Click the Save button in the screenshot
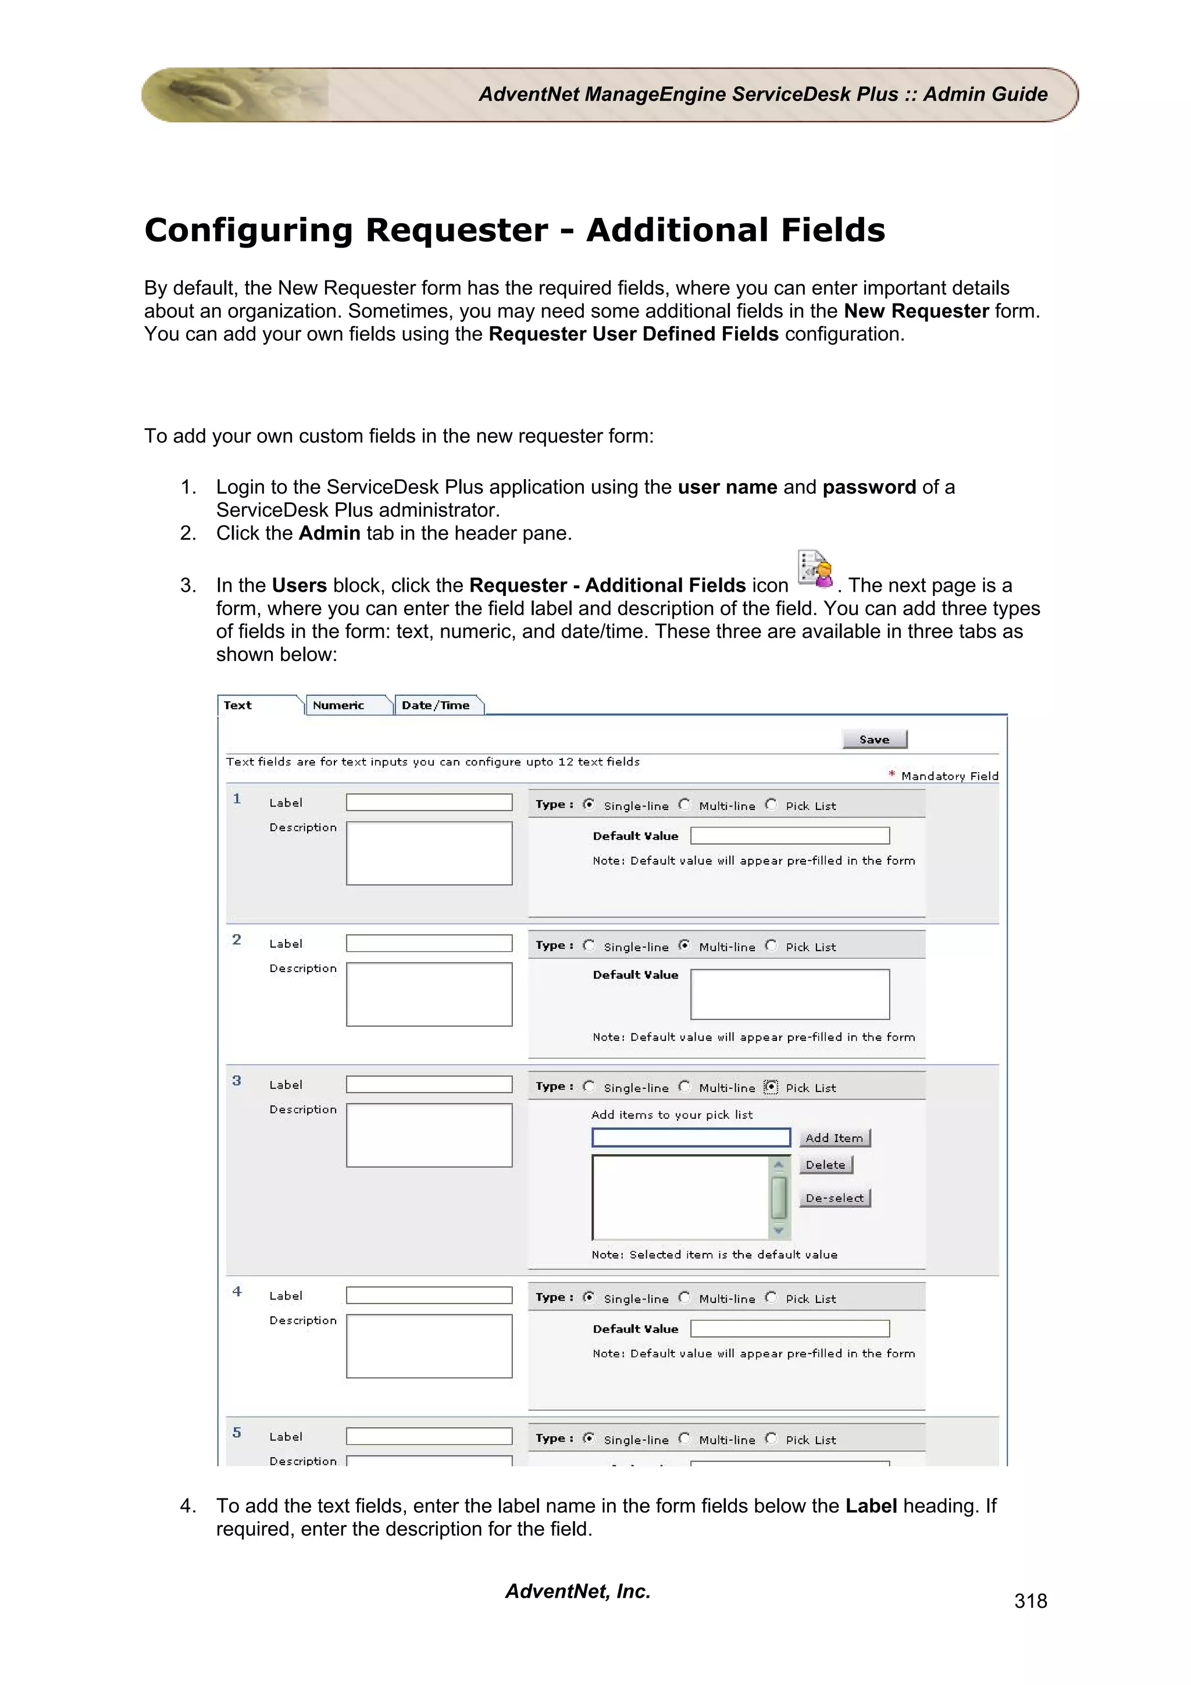coord(874,739)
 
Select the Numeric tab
coord(338,705)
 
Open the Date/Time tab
coord(436,705)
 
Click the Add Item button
coord(835,1137)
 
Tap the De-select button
coord(835,1198)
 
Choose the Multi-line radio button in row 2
coord(684,945)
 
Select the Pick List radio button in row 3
coord(771,1086)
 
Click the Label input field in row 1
coord(429,802)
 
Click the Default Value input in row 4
coord(790,1329)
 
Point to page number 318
coord(1030,1601)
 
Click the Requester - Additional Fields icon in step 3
coord(815,569)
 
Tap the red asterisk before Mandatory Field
coord(892,774)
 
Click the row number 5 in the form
coord(236,1433)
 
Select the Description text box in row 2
coord(429,994)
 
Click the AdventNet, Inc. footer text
coord(577,1590)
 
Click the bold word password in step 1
coord(869,487)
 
